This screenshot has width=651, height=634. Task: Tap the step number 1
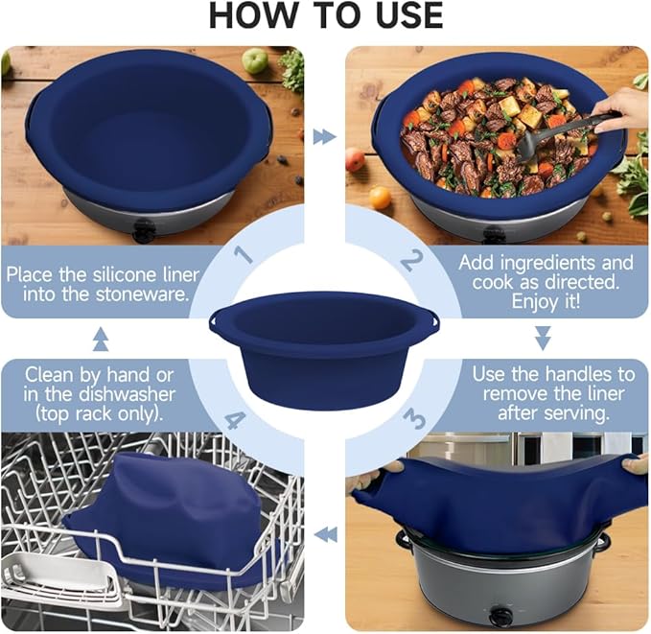[x=244, y=255]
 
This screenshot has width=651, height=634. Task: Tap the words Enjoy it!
[x=544, y=301]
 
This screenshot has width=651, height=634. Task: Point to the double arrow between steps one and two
[x=325, y=137]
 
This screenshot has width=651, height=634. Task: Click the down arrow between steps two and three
[x=543, y=338]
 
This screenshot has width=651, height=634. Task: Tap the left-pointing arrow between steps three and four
[x=326, y=535]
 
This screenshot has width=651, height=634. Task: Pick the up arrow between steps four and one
[x=100, y=339]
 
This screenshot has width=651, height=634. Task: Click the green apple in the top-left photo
[x=254, y=60]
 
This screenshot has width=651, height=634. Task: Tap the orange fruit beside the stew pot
[x=381, y=198]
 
